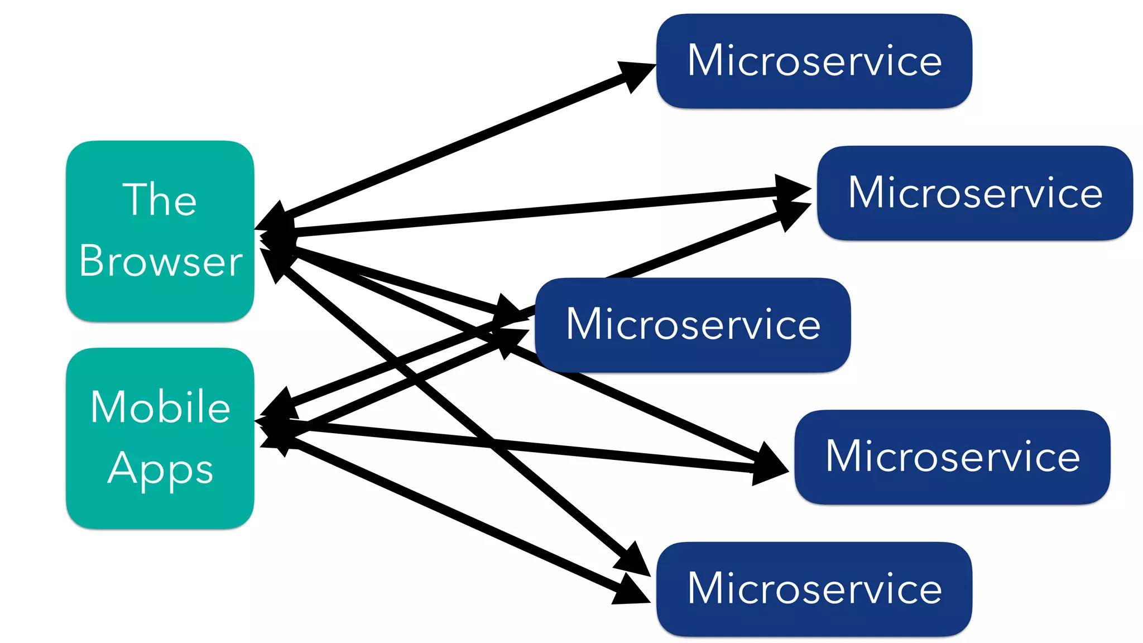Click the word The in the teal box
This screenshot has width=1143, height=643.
(160, 199)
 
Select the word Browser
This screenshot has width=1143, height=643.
(161, 261)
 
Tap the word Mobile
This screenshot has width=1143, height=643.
(160, 407)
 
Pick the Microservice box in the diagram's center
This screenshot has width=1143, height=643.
(693, 325)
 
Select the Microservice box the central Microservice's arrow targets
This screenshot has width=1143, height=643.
(974, 193)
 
